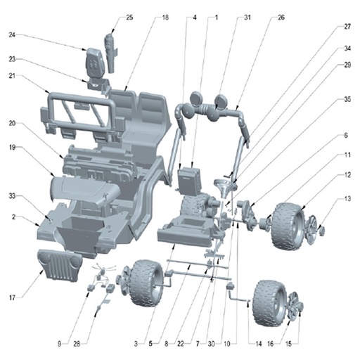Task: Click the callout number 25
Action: point(129,18)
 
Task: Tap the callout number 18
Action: point(165,18)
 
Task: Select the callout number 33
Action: point(12,195)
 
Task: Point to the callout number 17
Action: point(12,298)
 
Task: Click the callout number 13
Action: point(347,199)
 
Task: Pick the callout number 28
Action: point(77,344)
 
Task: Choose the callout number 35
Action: point(347,99)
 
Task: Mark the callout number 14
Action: point(258,344)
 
